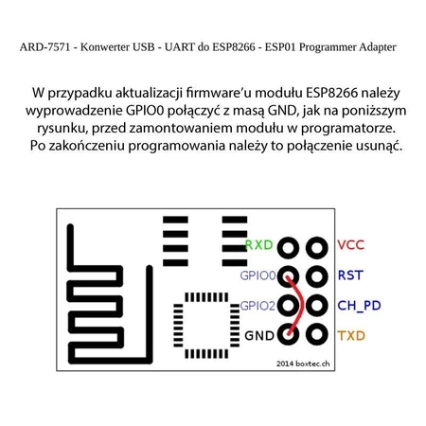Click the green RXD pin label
(258, 244)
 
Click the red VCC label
(350, 244)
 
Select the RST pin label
(349, 275)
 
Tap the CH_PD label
(359, 306)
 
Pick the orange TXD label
(350, 336)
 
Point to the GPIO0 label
(257, 275)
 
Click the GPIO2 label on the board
(257, 306)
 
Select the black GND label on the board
(259, 336)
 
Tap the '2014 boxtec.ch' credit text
(303, 363)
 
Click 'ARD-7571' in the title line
(44, 46)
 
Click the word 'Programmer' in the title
(321, 46)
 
